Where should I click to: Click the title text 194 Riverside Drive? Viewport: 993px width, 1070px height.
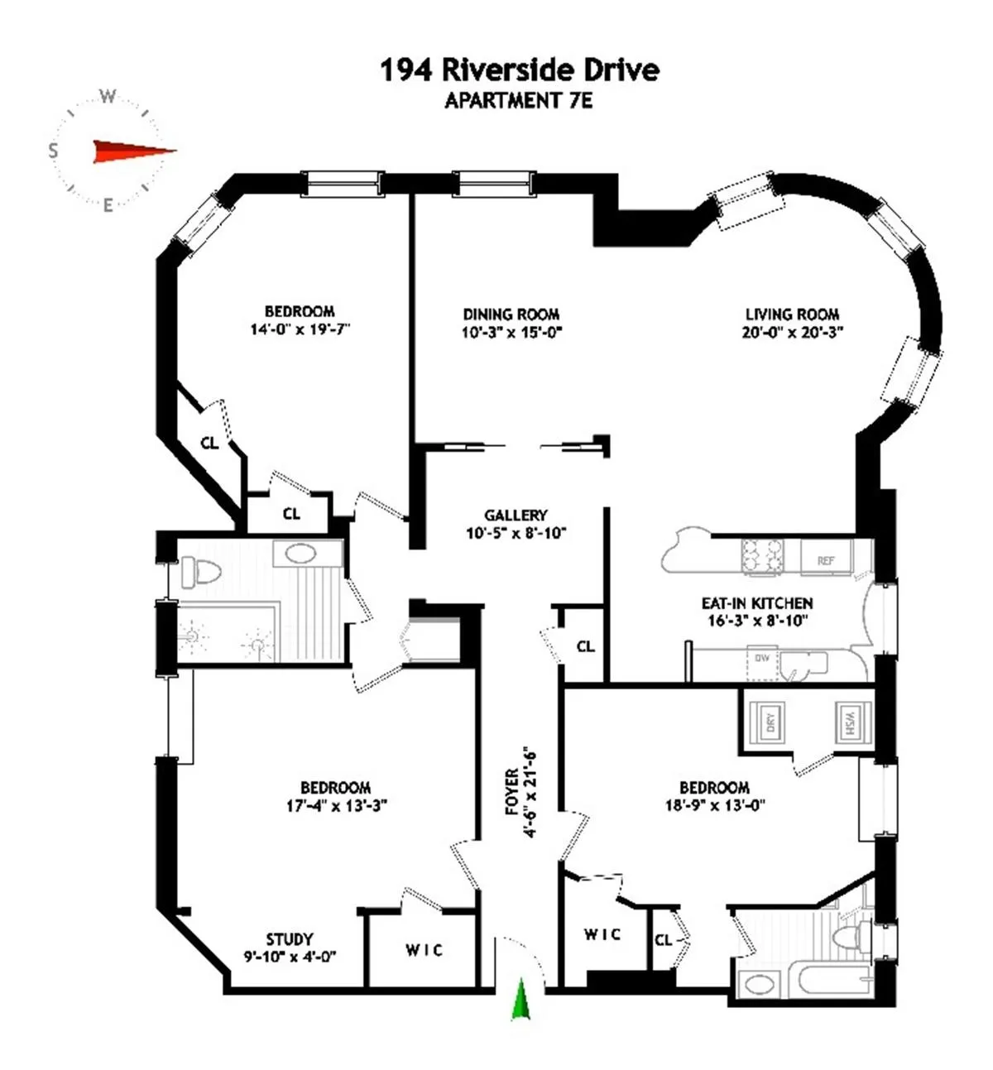pyautogui.click(x=519, y=70)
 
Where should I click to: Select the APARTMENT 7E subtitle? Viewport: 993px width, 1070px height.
pyautogui.click(x=519, y=101)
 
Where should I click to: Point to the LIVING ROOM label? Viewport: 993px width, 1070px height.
pyautogui.click(x=792, y=314)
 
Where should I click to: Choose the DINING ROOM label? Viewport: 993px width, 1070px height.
pyautogui.click(x=511, y=314)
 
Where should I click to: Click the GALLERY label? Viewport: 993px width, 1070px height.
pyautogui.click(x=516, y=515)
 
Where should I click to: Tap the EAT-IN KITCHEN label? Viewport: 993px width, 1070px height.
pyautogui.click(x=756, y=603)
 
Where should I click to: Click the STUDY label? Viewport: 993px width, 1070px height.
pyautogui.click(x=290, y=939)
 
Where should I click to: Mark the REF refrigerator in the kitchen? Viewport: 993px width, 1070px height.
pyautogui.click(x=825, y=560)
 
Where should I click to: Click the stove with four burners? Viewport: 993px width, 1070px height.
pyautogui.click(x=762, y=555)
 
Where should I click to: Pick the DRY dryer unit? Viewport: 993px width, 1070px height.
pyautogui.click(x=770, y=722)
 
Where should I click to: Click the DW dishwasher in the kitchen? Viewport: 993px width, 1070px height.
pyautogui.click(x=762, y=660)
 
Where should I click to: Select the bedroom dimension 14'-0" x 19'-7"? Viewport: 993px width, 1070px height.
pyautogui.click(x=299, y=329)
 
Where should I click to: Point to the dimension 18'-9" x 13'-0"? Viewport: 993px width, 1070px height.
pyautogui.click(x=714, y=804)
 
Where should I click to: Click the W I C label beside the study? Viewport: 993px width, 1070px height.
pyautogui.click(x=424, y=950)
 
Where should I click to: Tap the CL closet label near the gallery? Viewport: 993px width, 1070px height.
pyautogui.click(x=585, y=646)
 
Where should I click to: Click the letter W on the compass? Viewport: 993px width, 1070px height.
pyautogui.click(x=108, y=97)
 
